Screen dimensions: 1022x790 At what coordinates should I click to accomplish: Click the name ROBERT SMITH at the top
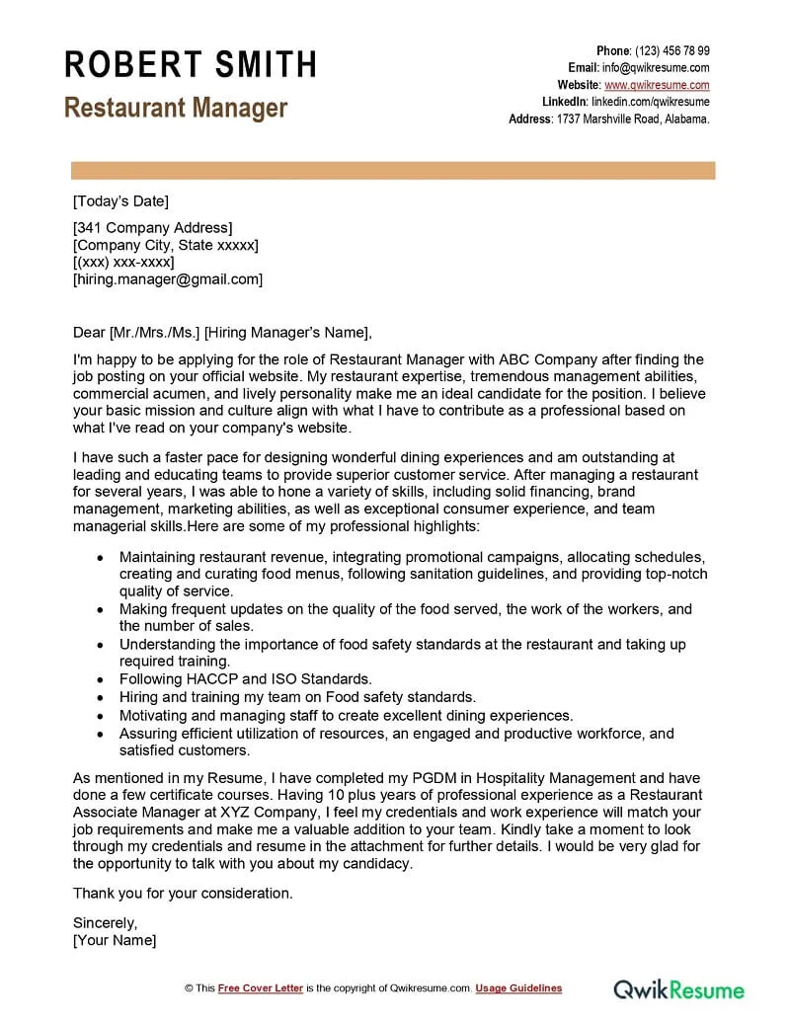coord(191,65)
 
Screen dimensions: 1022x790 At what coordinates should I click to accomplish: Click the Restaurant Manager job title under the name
coord(176,108)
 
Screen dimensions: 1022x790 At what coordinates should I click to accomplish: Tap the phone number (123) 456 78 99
coord(671,50)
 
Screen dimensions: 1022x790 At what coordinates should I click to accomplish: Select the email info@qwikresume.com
coord(656,67)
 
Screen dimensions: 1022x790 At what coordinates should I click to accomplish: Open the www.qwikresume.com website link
coord(657,85)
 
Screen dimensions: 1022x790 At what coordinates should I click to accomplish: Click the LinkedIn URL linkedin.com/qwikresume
coord(650,102)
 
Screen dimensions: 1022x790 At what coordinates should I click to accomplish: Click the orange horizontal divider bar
coord(393,171)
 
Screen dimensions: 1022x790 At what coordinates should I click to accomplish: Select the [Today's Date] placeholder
coord(120,201)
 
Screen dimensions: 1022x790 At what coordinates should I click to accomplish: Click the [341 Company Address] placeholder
coord(153,228)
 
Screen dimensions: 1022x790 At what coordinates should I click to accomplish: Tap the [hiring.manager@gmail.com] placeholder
coord(168,279)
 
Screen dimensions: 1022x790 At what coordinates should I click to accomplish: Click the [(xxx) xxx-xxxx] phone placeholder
coord(123,263)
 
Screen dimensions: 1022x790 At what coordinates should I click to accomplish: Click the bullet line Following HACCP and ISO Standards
coord(245,679)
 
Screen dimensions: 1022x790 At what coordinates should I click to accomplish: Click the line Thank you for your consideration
coord(183,893)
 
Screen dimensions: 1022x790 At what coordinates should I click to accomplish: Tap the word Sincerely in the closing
coord(106,923)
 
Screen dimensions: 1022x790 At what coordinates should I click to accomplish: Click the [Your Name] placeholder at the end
coord(115,940)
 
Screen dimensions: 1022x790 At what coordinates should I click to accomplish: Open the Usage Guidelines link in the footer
coord(518,988)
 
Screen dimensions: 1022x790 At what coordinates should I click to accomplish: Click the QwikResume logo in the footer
coord(679,988)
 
